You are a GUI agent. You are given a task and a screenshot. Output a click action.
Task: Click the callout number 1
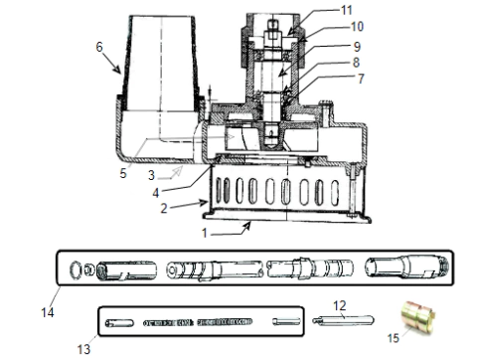(x=205, y=233)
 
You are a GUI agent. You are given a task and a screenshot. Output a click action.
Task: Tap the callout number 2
(x=164, y=209)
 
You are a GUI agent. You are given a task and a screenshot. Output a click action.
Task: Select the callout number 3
(x=151, y=175)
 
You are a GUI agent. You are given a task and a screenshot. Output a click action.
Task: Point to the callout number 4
(x=156, y=193)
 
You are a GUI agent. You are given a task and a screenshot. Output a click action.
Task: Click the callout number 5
(x=123, y=173)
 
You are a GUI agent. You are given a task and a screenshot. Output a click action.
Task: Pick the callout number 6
(x=99, y=47)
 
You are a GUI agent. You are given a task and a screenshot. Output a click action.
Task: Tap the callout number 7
(x=361, y=79)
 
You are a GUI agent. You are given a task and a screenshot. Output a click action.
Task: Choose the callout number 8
(x=356, y=63)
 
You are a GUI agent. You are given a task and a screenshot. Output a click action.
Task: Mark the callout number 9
(x=357, y=47)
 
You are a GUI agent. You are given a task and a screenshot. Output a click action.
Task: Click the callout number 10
(x=357, y=27)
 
